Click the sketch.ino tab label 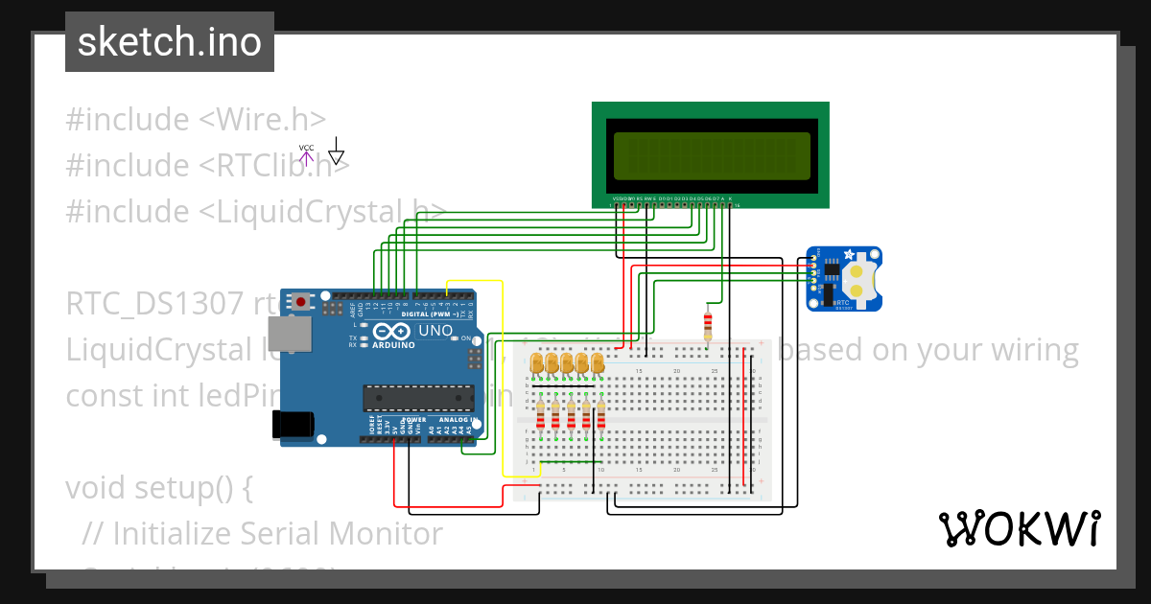coord(169,42)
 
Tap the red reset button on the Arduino coord(301,301)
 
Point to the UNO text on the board coord(436,331)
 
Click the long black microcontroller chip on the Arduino coord(417,398)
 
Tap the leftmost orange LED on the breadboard coord(538,363)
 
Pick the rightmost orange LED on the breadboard coord(598,363)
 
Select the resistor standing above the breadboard coord(708,324)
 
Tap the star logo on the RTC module coord(848,255)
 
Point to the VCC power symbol coord(306,152)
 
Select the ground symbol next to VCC coord(336,152)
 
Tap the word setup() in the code coord(205,488)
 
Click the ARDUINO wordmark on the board coord(393,344)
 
